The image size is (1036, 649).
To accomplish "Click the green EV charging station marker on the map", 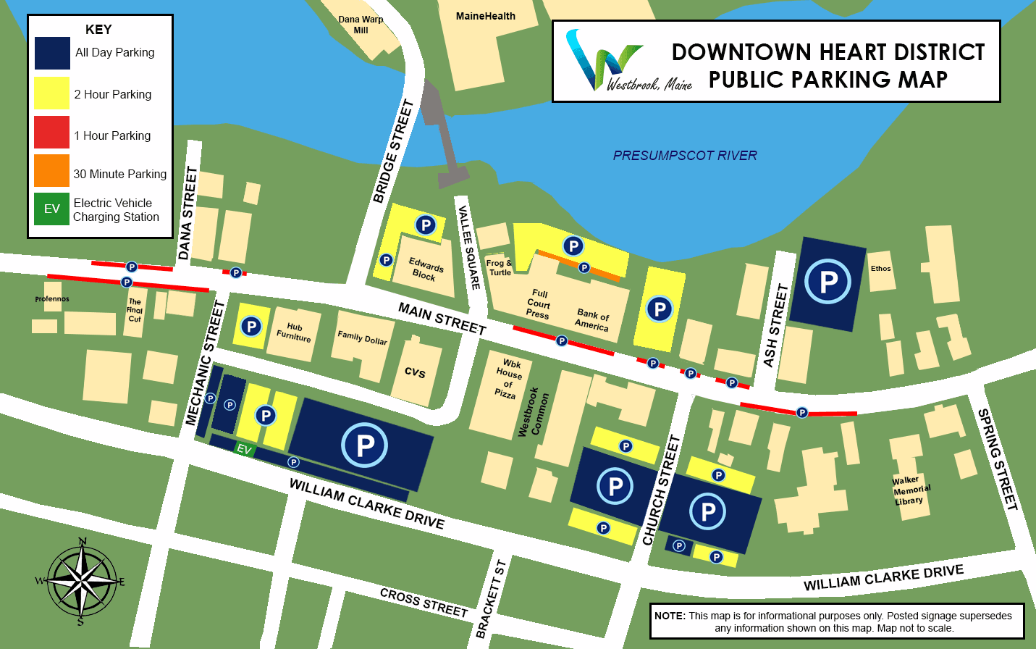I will pyautogui.click(x=244, y=449).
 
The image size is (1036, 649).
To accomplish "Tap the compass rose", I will pyautogui.click(x=81, y=581).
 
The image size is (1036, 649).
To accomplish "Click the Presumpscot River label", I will pyautogui.click(x=684, y=156).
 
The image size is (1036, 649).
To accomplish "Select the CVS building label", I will pyautogui.click(x=415, y=372).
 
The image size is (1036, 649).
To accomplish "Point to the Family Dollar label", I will pyautogui.click(x=362, y=337).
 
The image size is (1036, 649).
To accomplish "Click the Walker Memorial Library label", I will pyautogui.click(x=911, y=490).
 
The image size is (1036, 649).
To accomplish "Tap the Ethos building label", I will pyautogui.click(x=880, y=269).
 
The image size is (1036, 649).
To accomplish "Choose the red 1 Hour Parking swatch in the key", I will pyautogui.click(x=52, y=133).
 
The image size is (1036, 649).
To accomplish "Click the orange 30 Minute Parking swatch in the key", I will pyautogui.click(x=52, y=171).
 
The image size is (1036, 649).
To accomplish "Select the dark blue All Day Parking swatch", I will pyautogui.click(x=52, y=54).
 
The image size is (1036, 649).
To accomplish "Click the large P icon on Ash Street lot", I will pyautogui.click(x=827, y=281).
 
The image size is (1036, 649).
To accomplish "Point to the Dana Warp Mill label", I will pyautogui.click(x=361, y=25).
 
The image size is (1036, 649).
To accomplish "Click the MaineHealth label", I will pyautogui.click(x=485, y=16).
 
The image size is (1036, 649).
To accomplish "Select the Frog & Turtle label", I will pyautogui.click(x=499, y=268).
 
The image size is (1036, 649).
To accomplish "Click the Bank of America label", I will pyautogui.click(x=592, y=320).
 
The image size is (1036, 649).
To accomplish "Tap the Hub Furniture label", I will pyautogui.click(x=294, y=332).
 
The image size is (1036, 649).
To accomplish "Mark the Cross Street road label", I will pyautogui.click(x=424, y=603).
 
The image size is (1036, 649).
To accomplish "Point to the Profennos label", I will pyautogui.click(x=52, y=299).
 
